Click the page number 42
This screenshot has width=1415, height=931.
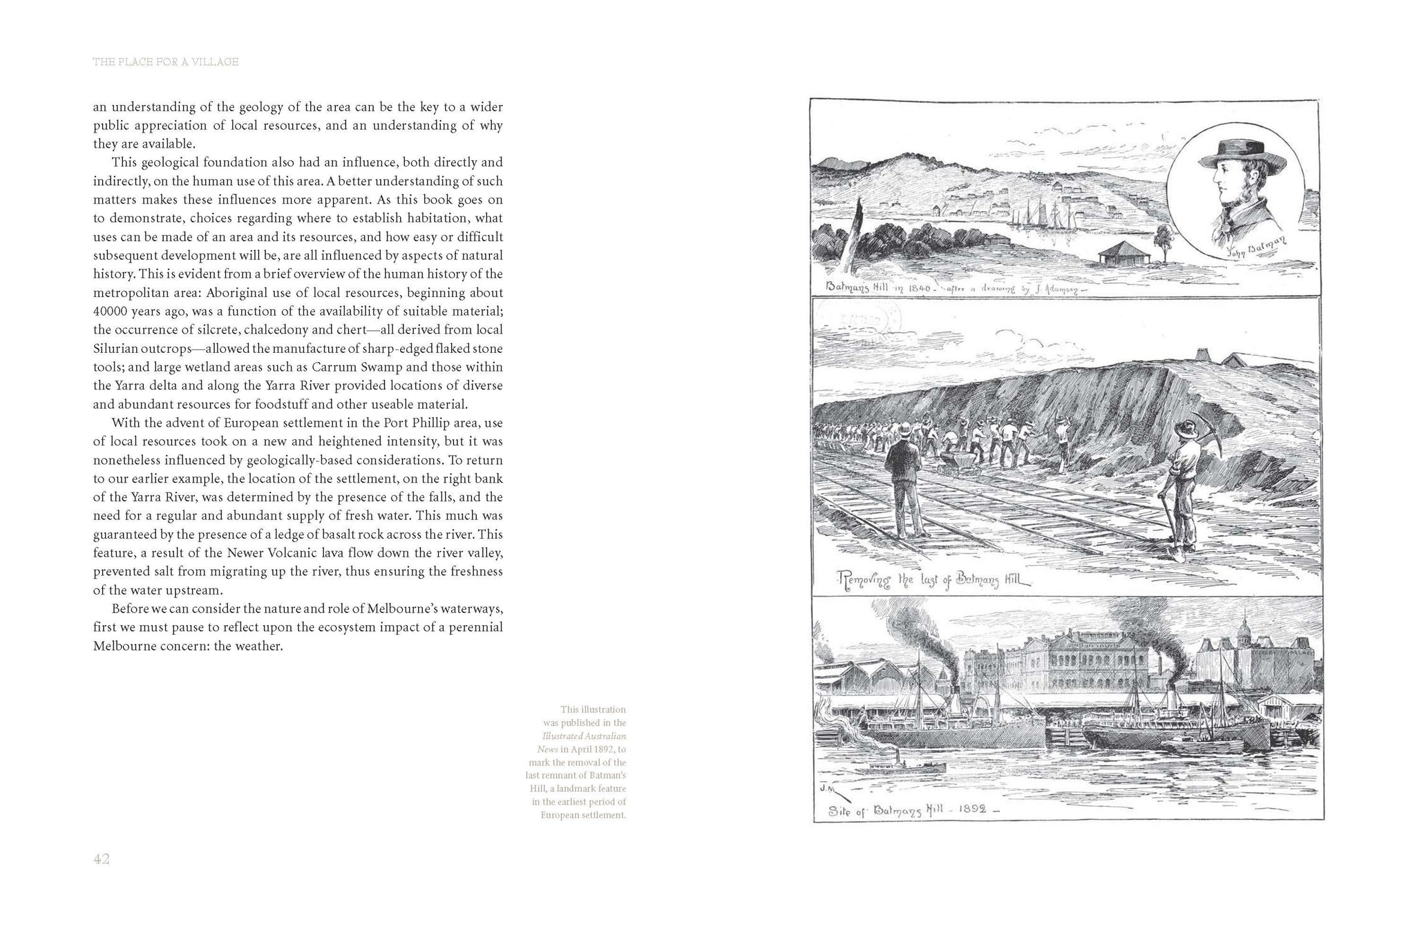click(102, 859)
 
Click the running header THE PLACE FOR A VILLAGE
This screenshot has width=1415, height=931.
click(166, 62)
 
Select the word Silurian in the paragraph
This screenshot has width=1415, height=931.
click(115, 348)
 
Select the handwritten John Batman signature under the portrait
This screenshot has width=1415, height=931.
click(1248, 246)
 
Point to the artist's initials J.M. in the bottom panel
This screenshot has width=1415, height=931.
click(825, 787)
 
